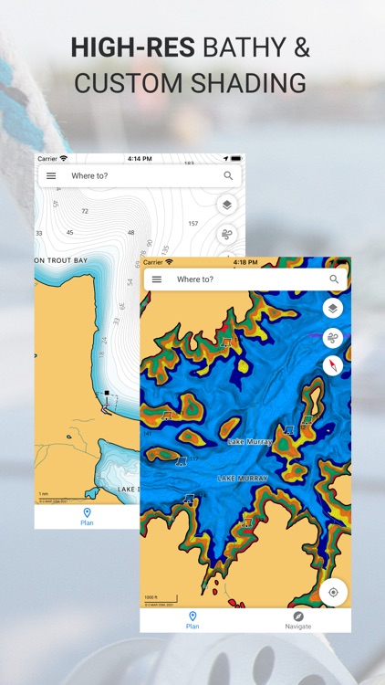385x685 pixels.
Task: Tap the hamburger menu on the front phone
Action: click(157, 279)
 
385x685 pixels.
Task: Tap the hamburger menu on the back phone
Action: click(51, 176)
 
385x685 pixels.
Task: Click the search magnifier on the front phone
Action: click(334, 279)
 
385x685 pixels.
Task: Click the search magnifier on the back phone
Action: click(228, 176)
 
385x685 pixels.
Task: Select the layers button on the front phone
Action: click(333, 309)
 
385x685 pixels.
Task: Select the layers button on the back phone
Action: click(227, 205)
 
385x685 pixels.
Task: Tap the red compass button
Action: click(333, 366)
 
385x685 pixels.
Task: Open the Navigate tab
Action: click(297, 620)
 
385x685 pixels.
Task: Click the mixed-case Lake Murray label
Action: click(250, 442)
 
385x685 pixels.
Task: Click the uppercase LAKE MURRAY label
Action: click(241, 479)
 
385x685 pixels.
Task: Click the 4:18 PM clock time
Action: click(245, 262)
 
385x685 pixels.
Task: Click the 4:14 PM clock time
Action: click(140, 159)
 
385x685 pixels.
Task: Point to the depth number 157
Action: click(192, 223)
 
